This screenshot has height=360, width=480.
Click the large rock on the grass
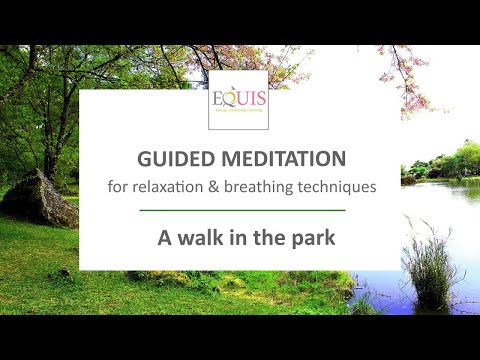38,199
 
